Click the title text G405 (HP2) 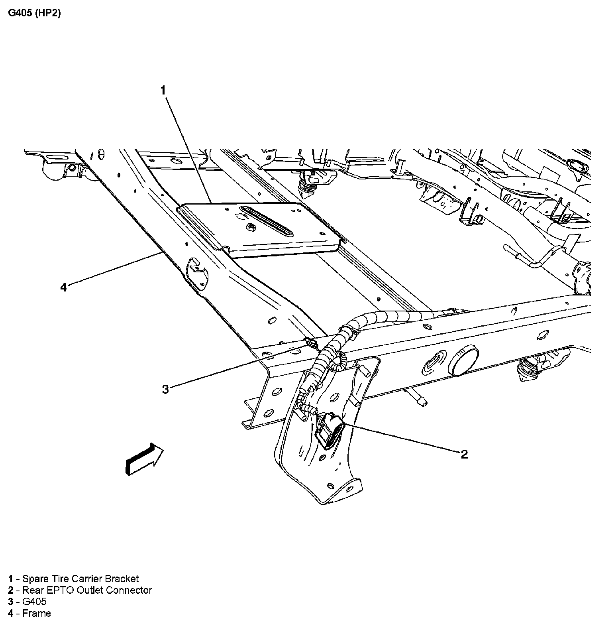(x=34, y=13)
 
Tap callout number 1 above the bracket (x=163, y=91)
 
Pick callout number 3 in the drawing (x=165, y=389)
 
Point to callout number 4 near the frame (x=64, y=287)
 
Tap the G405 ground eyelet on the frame (x=310, y=343)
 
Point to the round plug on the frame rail (x=464, y=360)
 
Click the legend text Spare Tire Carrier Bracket (x=80, y=579)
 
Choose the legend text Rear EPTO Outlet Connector (x=87, y=590)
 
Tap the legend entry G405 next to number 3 (x=34, y=602)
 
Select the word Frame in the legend (x=37, y=613)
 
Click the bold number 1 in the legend (x=11, y=579)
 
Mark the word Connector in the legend (x=132, y=590)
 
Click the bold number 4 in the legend (x=11, y=613)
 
